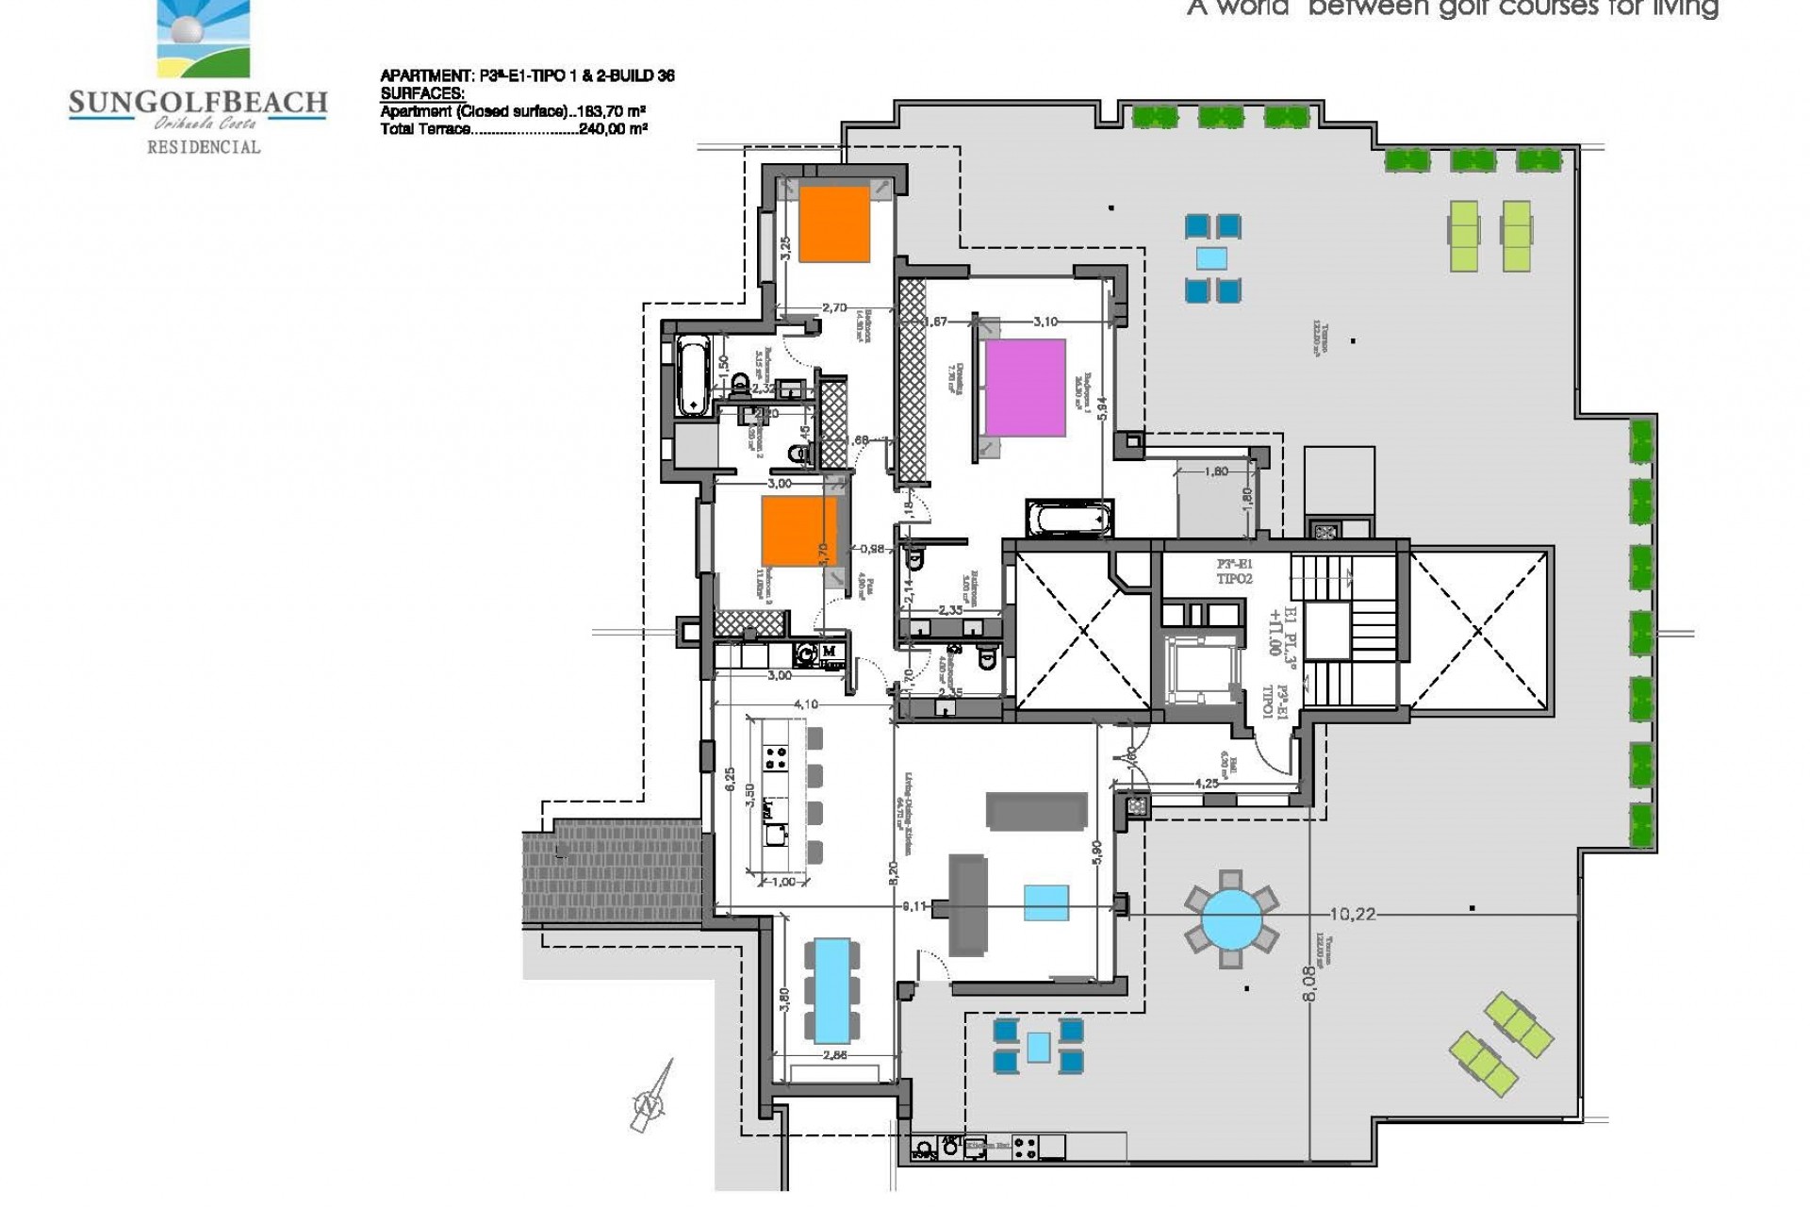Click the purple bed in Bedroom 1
coord(1025,388)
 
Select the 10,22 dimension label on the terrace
coord(1353,913)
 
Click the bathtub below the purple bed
coord(1069,520)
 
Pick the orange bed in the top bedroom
coord(834,223)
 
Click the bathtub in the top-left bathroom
coord(693,377)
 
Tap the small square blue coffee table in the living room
coord(1046,902)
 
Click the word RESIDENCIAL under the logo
coord(204,146)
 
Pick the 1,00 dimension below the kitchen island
coord(783,882)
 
